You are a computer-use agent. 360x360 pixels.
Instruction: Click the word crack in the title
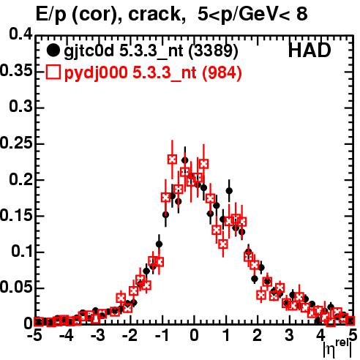pos(154,14)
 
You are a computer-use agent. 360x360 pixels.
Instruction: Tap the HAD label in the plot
pos(310,50)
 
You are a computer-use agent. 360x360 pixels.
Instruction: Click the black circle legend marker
pos(53,50)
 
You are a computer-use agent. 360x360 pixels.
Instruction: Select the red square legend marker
pos(53,72)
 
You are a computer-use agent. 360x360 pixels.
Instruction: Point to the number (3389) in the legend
pos(214,51)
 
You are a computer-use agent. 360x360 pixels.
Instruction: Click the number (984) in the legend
pos(222,73)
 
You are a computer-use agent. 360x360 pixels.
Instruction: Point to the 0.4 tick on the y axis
pos(20,34)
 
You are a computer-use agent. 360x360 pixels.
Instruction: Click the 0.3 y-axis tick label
pos(20,106)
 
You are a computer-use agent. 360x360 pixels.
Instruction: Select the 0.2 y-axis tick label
pos(20,179)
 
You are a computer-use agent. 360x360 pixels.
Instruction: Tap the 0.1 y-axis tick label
pos(22,252)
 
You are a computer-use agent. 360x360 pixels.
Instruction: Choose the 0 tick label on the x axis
pos(194,335)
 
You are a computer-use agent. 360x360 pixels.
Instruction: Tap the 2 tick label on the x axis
pos(258,335)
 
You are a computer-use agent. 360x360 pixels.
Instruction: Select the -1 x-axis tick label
pos(162,335)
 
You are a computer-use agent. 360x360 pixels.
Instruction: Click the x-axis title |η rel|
pos(337,348)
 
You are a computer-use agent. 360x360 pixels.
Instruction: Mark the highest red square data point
pos(172,160)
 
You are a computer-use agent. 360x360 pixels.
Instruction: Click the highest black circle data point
pos(185,160)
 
